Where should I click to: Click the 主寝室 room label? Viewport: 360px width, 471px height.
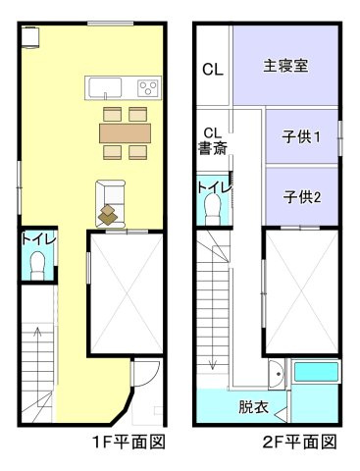pos(285,66)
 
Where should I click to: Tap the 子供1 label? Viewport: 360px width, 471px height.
pos(301,136)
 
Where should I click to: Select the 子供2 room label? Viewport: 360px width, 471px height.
pos(302,197)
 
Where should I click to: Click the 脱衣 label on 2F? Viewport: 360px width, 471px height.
pos(253,406)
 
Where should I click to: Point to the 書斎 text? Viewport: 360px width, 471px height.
pos(213,148)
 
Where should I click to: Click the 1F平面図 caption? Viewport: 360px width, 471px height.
pos(129,443)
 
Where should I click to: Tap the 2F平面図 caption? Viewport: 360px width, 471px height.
pos(300,443)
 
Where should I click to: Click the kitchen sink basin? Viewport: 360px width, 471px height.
pos(105,87)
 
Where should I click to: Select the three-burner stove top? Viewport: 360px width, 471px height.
pos(149,87)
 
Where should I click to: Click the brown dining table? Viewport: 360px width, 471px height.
pos(126,133)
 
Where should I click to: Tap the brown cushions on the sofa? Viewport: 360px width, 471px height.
pos(108,215)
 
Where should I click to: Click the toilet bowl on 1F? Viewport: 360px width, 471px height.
pos(37,265)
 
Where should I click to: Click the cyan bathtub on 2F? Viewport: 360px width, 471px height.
pos(316,372)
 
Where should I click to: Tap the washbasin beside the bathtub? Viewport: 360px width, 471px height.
pos(277,374)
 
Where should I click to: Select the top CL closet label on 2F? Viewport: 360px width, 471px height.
pos(213,70)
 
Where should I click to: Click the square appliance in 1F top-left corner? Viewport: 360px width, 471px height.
pos(30,37)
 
